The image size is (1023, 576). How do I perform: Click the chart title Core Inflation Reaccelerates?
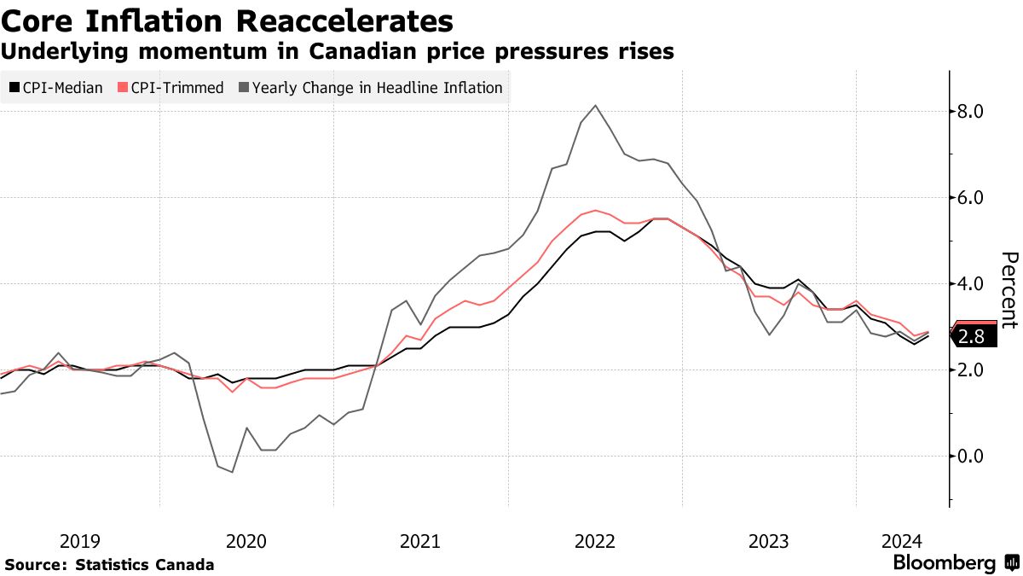tap(227, 20)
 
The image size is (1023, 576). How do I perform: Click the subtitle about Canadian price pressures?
tap(338, 52)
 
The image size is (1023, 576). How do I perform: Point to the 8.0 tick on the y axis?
tap(973, 112)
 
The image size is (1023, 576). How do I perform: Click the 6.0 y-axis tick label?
tap(973, 198)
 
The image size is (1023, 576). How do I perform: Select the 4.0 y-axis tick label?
tap(973, 284)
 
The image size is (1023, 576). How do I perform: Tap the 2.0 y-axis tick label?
tap(973, 370)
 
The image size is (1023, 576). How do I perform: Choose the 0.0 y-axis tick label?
tap(973, 457)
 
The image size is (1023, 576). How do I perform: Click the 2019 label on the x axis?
tap(80, 541)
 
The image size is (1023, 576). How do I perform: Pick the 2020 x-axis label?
tap(246, 541)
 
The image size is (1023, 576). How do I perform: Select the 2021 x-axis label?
tap(419, 541)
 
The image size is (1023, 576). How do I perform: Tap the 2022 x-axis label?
tap(594, 541)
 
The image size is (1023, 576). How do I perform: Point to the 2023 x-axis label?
tap(768, 541)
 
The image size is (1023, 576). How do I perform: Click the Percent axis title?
tap(1009, 290)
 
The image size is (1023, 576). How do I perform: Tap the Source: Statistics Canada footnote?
tap(109, 565)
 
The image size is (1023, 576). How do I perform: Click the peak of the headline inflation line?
tap(595, 105)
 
